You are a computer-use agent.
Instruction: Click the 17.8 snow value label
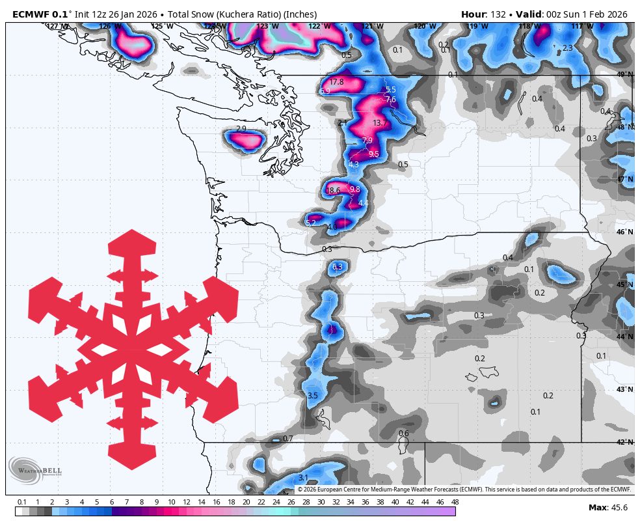click(336, 82)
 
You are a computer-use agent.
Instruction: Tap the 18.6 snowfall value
click(333, 191)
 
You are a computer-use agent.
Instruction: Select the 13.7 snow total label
click(380, 123)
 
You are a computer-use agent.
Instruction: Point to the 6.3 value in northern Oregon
click(337, 267)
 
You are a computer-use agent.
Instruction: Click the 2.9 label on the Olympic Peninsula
click(241, 129)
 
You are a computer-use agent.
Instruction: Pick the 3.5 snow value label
click(312, 396)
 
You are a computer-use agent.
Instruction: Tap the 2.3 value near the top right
click(567, 48)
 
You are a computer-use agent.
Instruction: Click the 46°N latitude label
click(624, 232)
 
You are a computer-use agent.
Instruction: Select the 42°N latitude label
click(624, 443)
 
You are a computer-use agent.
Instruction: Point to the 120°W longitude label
click(424, 27)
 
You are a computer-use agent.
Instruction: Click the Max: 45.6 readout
click(608, 508)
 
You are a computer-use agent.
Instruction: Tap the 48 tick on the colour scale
click(455, 502)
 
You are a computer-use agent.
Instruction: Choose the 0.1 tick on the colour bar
click(22, 502)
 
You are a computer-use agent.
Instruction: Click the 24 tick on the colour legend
click(275, 502)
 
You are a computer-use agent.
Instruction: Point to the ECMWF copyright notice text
click(464, 489)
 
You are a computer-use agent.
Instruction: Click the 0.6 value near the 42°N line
click(403, 434)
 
